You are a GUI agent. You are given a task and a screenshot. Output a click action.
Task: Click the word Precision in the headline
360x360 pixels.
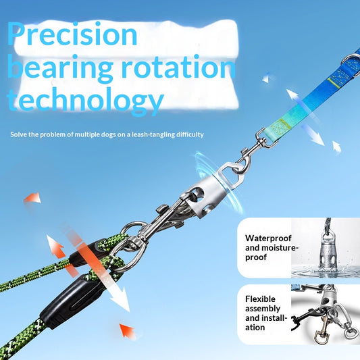click(x=72, y=34)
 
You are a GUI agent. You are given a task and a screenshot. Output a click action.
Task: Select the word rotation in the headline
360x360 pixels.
click(x=178, y=67)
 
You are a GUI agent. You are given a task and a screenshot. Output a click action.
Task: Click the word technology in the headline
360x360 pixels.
click(x=85, y=101)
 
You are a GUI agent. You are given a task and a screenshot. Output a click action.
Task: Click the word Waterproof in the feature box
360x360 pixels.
click(x=268, y=238)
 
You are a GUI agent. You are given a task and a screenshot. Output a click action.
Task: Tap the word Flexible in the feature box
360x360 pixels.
click(x=260, y=299)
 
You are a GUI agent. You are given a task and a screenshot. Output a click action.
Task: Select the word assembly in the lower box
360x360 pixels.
click(x=263, y=309)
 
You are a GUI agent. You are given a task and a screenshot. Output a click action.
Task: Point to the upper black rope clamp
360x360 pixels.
click(x=85, y=253)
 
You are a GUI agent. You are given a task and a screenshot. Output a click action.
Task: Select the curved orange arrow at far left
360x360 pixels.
click(x=32, y=199)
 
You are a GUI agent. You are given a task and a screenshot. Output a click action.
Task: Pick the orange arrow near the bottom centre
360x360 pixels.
click(x=127, y=330)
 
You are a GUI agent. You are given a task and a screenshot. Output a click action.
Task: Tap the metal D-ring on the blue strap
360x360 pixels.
click(x=351, y=62)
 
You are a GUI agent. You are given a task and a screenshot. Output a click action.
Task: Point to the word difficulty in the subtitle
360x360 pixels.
click(x=190, y=134)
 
